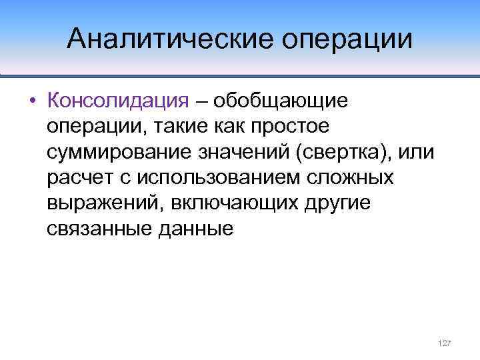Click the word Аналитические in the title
pos(170,38)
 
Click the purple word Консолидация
pos(119,101)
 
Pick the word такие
pos(176,127)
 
